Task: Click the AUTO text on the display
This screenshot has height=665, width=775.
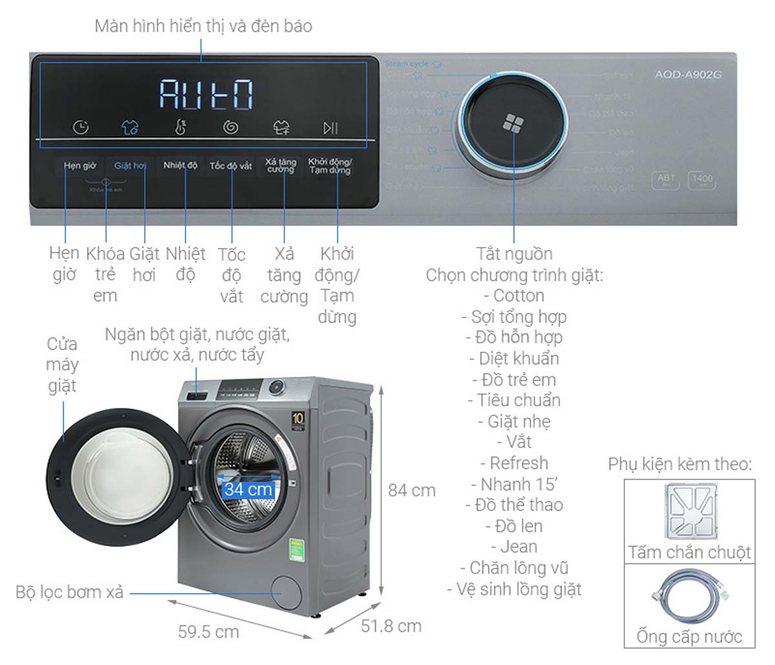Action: click(206, 94)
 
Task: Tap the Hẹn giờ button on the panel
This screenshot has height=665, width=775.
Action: click(80, 166)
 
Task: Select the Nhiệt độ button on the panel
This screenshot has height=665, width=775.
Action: click(180, 165)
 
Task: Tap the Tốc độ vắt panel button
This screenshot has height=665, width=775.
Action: click(231, 166)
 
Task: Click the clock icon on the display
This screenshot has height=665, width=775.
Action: click(81, 127)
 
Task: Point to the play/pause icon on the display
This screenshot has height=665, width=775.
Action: click(330, 128)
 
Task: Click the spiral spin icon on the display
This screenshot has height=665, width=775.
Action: click(231, 127)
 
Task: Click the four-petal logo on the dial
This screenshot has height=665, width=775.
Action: click(513, 123)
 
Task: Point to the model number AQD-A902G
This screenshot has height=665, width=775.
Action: click(688, 74)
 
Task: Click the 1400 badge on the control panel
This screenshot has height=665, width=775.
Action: click(702, 180)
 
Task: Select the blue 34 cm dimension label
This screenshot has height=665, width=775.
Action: click(248, 489)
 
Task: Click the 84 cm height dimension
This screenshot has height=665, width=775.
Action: click(411, 491)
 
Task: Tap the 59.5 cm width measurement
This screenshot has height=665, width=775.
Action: click(209, 631)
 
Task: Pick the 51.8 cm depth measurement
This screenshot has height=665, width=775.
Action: click(391, 626)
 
